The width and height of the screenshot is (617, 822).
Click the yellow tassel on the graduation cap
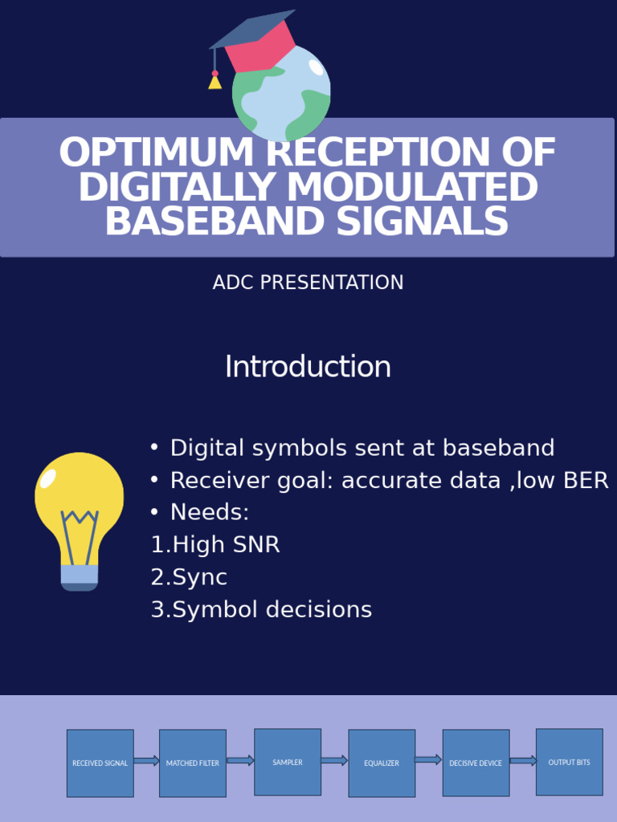click(x=215, y=80)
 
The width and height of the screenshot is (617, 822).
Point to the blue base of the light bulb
click(x=80, y=576)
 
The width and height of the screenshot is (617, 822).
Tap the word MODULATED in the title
click(x=411, y=188)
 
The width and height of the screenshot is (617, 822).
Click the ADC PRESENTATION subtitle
click(x=308, y=283)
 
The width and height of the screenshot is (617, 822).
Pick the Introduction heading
click(x=308, y=367)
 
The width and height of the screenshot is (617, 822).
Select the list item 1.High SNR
click(x=215, y=545)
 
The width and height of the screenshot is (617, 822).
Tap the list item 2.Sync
click(x=189, y=577)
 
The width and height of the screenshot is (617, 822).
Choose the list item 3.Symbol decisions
click(x=261, y=610)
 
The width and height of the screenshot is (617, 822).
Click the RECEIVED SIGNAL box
click(x=100, y=763)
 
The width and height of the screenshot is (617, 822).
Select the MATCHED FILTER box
click(x=193, y=763)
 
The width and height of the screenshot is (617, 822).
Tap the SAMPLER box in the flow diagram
click(x=288, y=762)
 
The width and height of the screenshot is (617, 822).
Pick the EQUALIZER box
click(x=382, y=763)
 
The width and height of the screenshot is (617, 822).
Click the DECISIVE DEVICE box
click(x=476, y=763)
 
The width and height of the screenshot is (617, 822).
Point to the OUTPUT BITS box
click(x=569, y=762)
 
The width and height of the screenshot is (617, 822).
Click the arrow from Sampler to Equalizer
click(x=334, y=760)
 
